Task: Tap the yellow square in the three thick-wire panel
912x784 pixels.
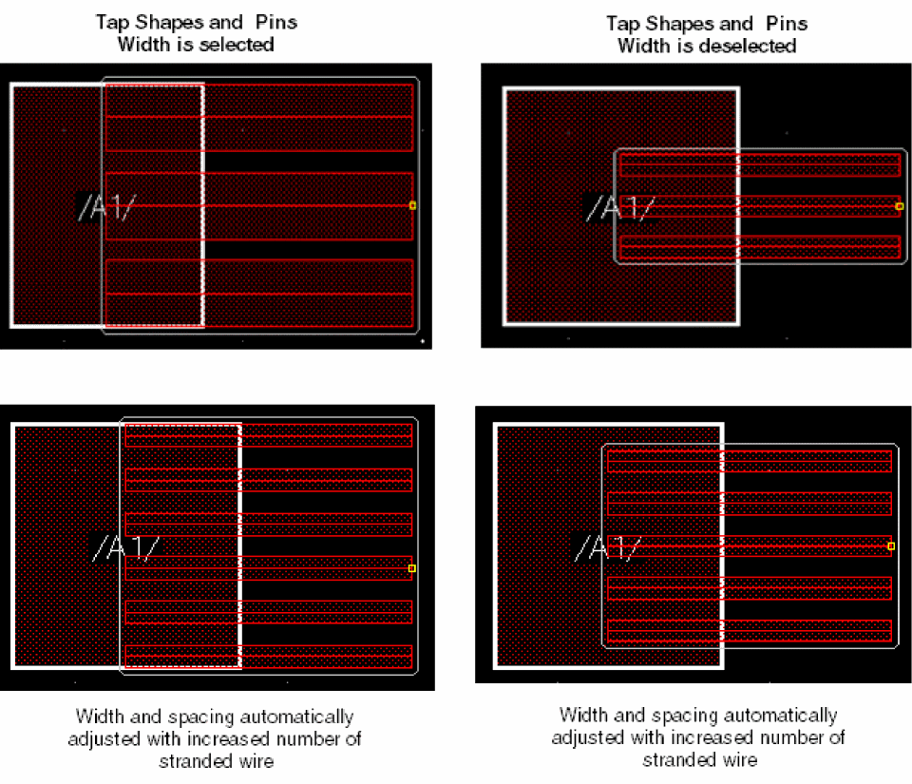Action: (412, 205)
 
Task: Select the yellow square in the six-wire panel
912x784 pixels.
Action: (411, 568)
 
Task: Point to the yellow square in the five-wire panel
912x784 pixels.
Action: (891, 546)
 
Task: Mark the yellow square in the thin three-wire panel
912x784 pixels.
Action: (900, 206)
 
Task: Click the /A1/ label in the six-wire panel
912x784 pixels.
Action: (125, 548)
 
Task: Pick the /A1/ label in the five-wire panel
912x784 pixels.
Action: (608, 548)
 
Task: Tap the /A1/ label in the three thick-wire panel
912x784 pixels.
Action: (107, 207)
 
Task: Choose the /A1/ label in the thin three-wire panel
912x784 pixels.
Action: (620, 207)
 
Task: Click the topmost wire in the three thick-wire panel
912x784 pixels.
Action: (258, 118)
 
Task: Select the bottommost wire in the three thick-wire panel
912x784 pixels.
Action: (258, 293)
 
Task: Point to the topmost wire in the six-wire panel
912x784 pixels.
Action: (269, 435)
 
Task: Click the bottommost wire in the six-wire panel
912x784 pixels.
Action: (269, 657)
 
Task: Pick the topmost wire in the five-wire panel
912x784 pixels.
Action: (750, 461)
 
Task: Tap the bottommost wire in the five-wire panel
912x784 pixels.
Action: (750, 631)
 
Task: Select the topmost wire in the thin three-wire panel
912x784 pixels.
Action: (760, 164)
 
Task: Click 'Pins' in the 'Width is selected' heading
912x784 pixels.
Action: (276, 22)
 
